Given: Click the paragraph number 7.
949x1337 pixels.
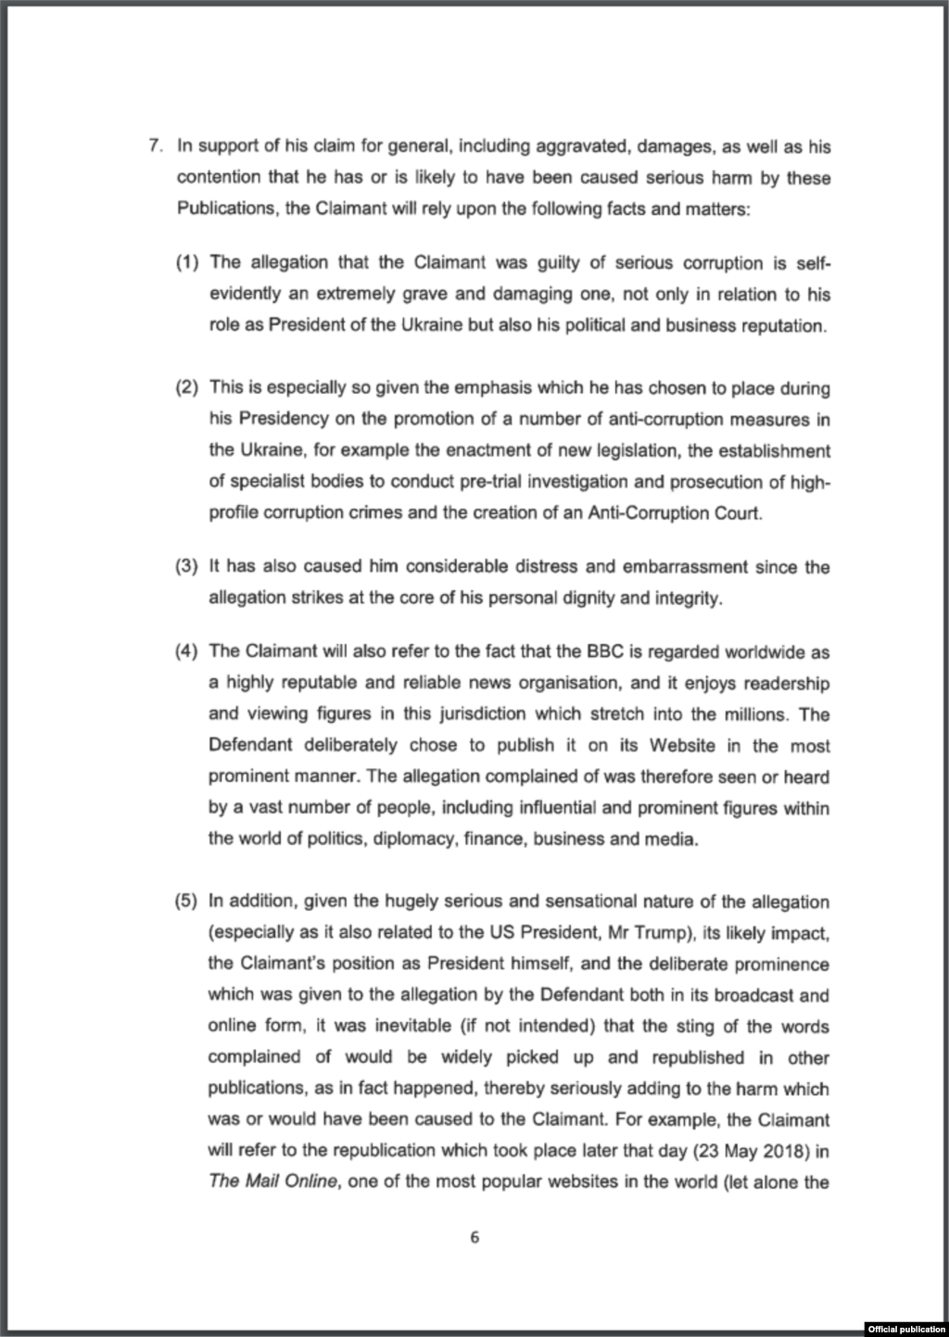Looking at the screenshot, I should [x=156, y=145].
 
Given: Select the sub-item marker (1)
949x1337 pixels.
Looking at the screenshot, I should [x=187, y=263].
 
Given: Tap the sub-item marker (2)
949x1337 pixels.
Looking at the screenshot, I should [x=187, y=388].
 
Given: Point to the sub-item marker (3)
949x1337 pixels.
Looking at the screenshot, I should [x=187, y=567].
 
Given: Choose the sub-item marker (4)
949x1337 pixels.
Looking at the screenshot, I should [x=187, y=652].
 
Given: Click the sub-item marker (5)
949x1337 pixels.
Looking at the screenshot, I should [x=187, y=902].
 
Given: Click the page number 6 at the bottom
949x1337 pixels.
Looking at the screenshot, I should [x=474, y=1238].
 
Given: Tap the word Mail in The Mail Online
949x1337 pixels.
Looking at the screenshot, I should [x=259, y=1182].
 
